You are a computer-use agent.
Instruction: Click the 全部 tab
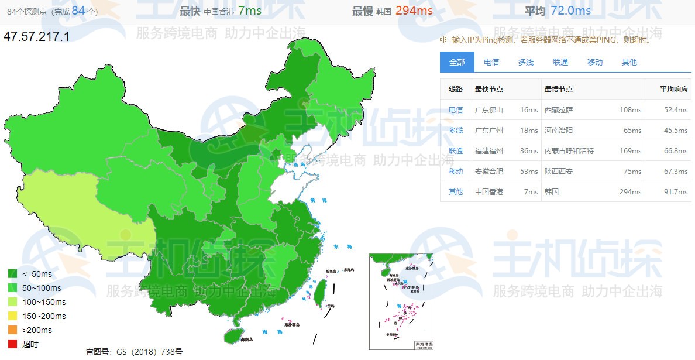457,62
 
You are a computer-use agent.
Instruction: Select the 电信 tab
491,62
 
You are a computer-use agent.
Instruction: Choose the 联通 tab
560,62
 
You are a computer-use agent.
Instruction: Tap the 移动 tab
595,62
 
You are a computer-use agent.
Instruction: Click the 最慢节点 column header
559,90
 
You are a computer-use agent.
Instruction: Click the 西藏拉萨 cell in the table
559,110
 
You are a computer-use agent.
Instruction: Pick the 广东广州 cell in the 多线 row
489,131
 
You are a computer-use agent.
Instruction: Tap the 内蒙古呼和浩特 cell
569,151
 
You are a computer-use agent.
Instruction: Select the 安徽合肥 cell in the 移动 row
489,172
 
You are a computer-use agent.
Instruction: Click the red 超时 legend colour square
12,344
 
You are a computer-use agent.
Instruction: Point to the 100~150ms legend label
44,302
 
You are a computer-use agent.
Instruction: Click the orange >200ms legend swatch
12,330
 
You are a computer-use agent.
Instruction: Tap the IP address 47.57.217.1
36,36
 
